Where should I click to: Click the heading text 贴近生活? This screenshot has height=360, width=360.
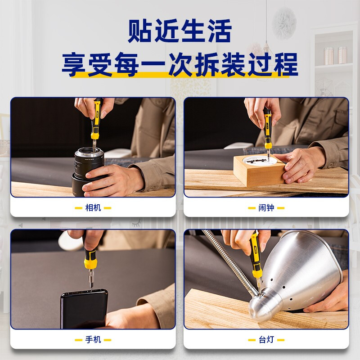pos(180,31)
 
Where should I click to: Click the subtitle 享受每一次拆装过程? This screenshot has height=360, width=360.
pos(180,64)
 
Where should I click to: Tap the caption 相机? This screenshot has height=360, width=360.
pos(93,208)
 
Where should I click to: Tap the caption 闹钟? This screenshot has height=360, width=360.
pos(266,208)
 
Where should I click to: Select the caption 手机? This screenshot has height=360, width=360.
pos(93,340)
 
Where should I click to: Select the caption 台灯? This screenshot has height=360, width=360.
pos(266,340)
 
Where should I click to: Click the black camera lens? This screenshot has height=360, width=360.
pos(88,171)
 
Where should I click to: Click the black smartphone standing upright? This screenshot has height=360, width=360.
pos(84,309)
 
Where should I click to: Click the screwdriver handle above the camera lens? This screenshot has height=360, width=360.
pos(96,119)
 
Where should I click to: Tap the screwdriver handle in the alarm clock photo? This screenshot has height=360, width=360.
pos(267,129)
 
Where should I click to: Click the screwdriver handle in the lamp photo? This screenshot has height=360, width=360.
pos(256,255)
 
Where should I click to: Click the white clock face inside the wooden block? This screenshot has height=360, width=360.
pos(260,160)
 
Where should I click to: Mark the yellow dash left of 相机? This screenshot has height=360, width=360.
pos(78,208)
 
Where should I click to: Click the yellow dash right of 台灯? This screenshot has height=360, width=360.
pos(281,340)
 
